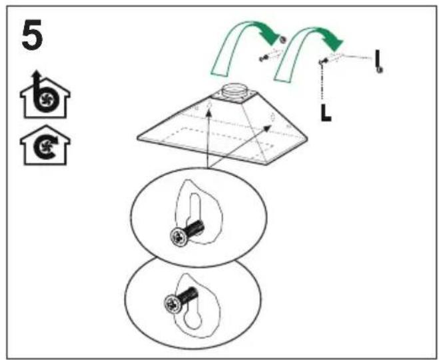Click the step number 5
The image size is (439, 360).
click(x=32, y=35)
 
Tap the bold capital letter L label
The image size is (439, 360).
click(x=326, y=113)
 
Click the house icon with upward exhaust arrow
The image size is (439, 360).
click(x=45, y=95)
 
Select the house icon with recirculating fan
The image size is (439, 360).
click(x=45, y=145)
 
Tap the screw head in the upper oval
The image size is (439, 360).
click(x=179, y=237)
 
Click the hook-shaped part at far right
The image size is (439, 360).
click(x=378, y=61)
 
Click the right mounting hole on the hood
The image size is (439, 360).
click(x=272, y=116)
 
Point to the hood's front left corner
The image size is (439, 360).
click(x=137, y=138)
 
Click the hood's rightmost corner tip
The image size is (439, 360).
click(x=307, y=139)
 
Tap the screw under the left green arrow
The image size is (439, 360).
click(x=263, y=59)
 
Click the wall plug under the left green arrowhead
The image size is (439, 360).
click(x=283, y=39)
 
